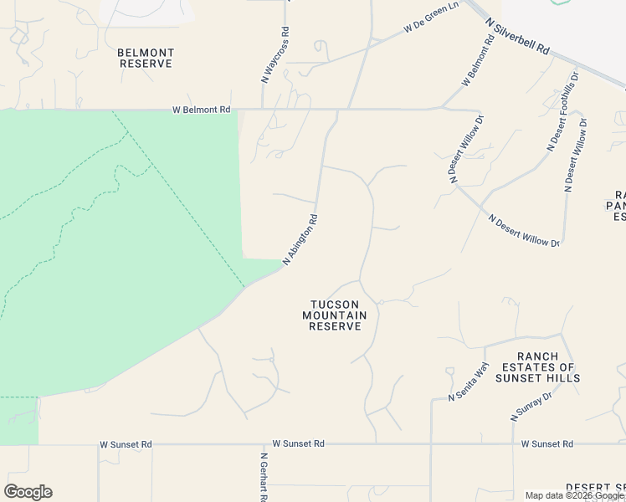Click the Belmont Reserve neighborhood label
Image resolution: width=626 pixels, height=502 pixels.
(x=145, y=58)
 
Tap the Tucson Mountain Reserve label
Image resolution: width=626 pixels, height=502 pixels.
(x=335, y=315)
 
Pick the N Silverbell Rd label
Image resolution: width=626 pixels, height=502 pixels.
(x=519, y=38)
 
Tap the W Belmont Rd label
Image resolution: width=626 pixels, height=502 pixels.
(x=201, y=110)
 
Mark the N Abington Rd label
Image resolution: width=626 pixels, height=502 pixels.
(x=300, y=240)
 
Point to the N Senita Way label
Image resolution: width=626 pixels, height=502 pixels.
(x=468, y=383)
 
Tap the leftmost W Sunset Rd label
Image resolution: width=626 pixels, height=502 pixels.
(x=126, y=444)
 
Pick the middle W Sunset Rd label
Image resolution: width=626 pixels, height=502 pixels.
(x=300, y=444)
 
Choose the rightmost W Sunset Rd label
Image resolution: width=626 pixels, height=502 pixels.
(x=546, y=444)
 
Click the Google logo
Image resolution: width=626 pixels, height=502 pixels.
(x=28, y=492)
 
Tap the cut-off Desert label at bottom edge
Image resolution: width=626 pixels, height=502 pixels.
(x=595, y=487)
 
